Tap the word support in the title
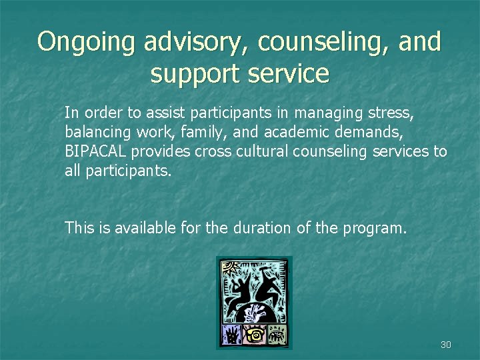pos(193,73)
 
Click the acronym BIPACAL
pos(95,151)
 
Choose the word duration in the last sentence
pos(262,228)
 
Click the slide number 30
pos(446,345)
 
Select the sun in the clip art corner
pos(230,267)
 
